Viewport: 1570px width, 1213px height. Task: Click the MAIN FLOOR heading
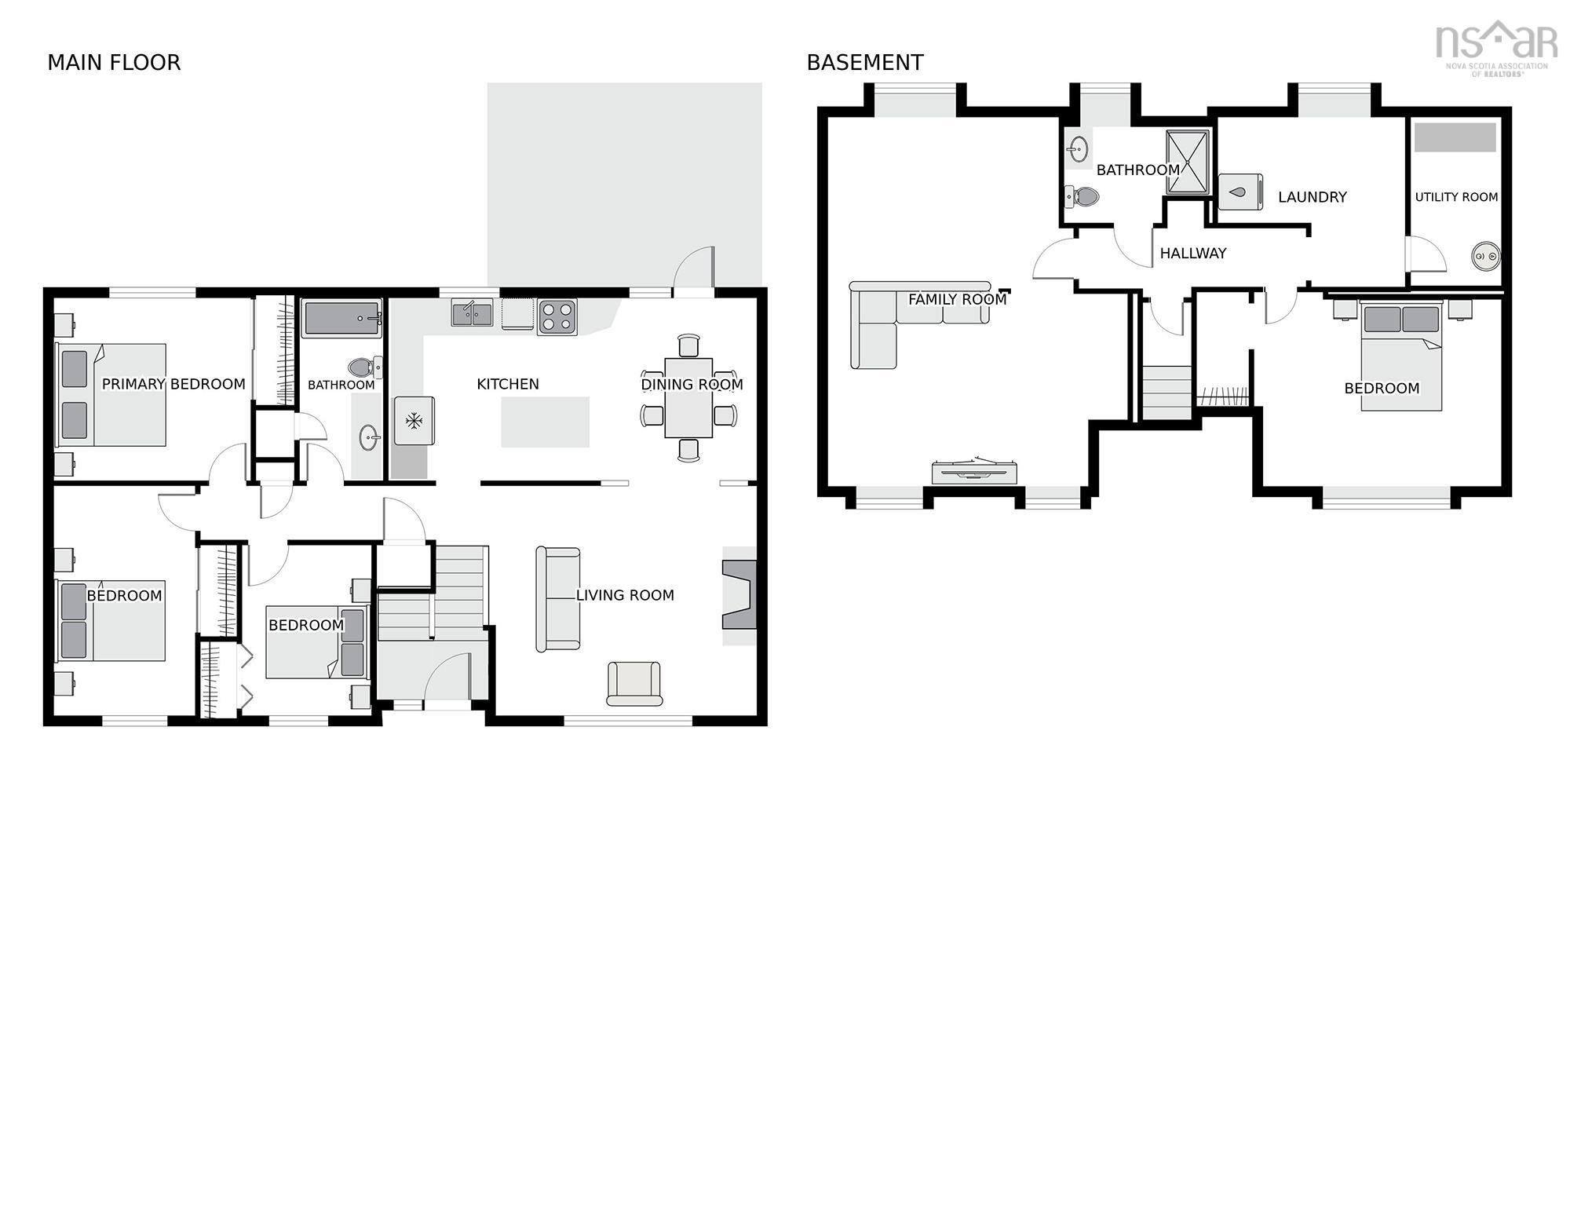114,63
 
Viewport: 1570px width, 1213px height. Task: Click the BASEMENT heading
865,63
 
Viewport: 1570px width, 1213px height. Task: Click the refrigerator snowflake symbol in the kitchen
414,421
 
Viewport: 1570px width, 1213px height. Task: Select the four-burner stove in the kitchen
557,317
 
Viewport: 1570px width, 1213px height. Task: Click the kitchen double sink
472,313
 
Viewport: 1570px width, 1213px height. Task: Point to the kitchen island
545,422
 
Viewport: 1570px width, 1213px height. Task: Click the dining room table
688,398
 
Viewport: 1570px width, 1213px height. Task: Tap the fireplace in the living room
739,595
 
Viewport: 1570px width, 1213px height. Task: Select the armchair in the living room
634,683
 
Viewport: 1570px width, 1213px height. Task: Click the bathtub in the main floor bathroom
342,319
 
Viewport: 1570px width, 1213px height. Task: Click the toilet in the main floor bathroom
363,367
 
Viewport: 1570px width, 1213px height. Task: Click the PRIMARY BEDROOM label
173,384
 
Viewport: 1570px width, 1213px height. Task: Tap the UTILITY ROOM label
1456,197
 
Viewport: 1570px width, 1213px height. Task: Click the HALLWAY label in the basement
1192,253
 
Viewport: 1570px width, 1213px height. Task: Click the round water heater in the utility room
1485,256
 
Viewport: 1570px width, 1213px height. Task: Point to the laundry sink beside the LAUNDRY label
1240,192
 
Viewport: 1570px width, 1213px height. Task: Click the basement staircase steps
1167,392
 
